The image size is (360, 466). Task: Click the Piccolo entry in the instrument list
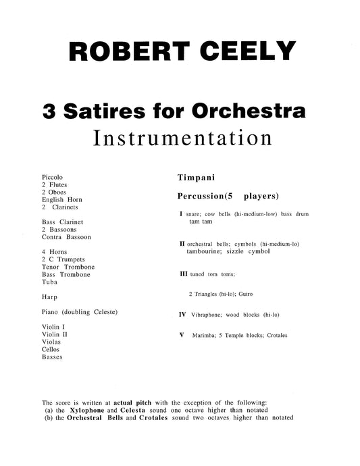pyautogui.click(x=53, y=177)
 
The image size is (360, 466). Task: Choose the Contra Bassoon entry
pyautogui.click(x=66, y=237)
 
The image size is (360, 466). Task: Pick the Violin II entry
pyautogui.click(x=55, y=334)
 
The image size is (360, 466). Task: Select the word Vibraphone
pyautogui.click(x=209, y=315)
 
